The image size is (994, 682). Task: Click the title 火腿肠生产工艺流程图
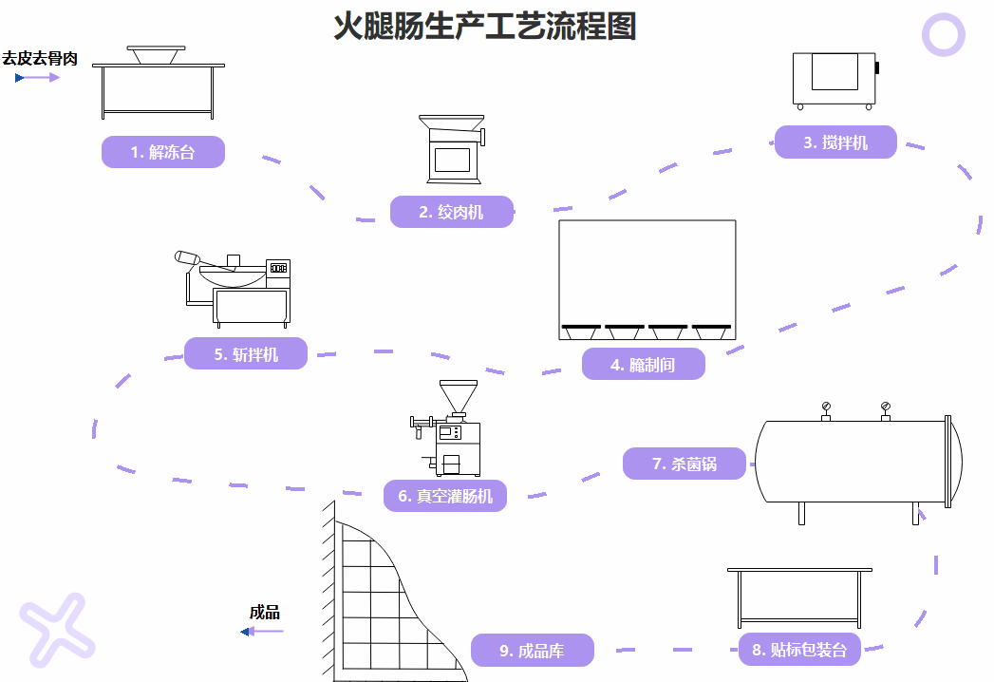(x=484, y=27)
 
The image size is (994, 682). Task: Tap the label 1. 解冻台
(x=163, y=152)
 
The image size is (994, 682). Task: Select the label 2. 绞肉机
(x=452, y=212)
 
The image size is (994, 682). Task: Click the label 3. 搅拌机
(x=835, y=142)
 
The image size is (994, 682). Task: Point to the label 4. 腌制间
(x=644, y=364)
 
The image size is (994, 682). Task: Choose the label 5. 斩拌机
(x=246, y=354)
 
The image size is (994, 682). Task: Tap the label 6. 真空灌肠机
(x=445, y=496)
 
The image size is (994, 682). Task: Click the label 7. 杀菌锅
(x=685, y=464)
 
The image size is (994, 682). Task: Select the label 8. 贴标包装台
(x=800, y=650)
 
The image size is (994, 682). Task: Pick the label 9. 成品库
(x=533, y=651)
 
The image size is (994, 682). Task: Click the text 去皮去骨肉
(x=40, y=59)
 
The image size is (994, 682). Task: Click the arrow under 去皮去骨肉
(x=38, y=78)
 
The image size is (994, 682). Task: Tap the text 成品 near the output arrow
(x=265, y=613)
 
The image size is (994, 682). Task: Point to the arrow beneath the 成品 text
(x=263, y=632)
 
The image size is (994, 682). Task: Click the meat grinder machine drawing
(x=452, y=150)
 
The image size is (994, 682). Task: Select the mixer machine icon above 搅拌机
(x=835, y=80)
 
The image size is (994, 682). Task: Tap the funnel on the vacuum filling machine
(x=458, y=395)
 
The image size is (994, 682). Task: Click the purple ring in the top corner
(x=944, y=35)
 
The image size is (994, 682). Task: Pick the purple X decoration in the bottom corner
(x=57, y=627)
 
